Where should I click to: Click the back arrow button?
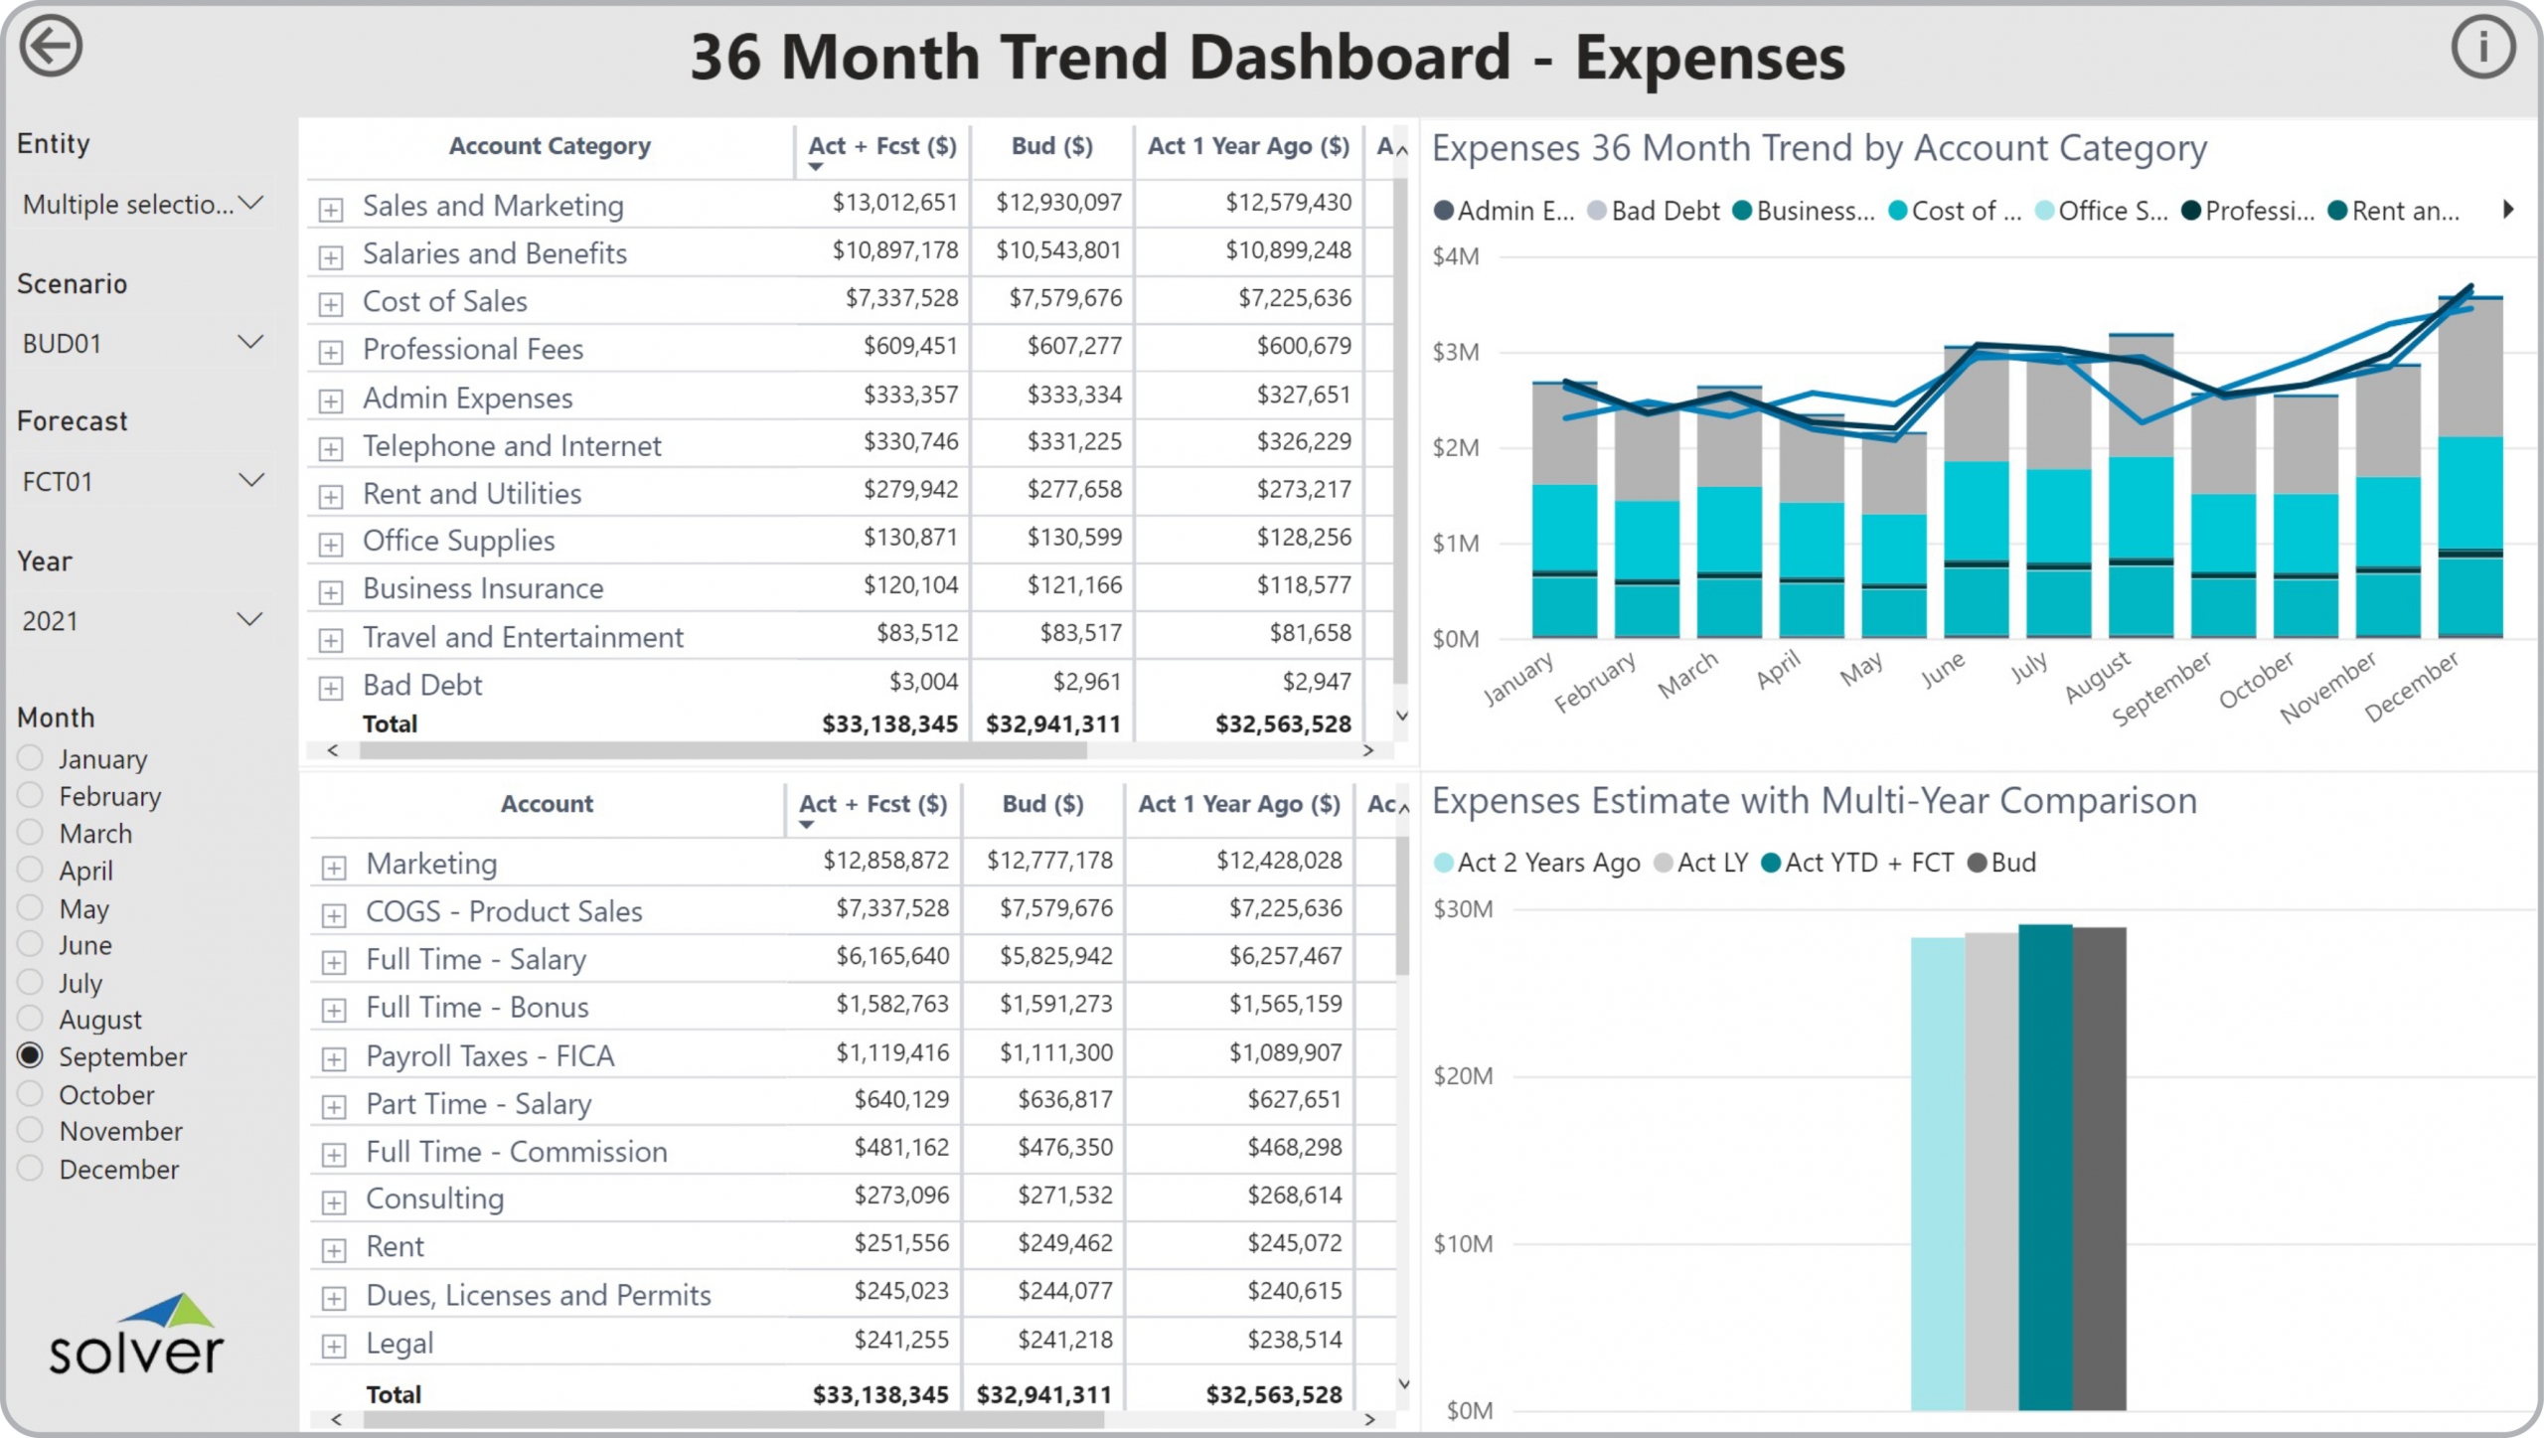pos(51,47)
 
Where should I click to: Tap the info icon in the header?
pos(2482,47)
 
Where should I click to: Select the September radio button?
pos(31,1055)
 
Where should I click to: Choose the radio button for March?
pos(31,833)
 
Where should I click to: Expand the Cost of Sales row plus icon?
pos(331,304)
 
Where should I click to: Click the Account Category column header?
pos(550,146)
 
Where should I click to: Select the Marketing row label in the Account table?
pos(431,864)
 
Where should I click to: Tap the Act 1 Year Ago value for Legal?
pos(1294,1340)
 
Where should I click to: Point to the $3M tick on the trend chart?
pos(1455,352)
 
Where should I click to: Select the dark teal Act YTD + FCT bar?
pos(2045,1167)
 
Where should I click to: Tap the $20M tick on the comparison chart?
pos(1463,1075)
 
